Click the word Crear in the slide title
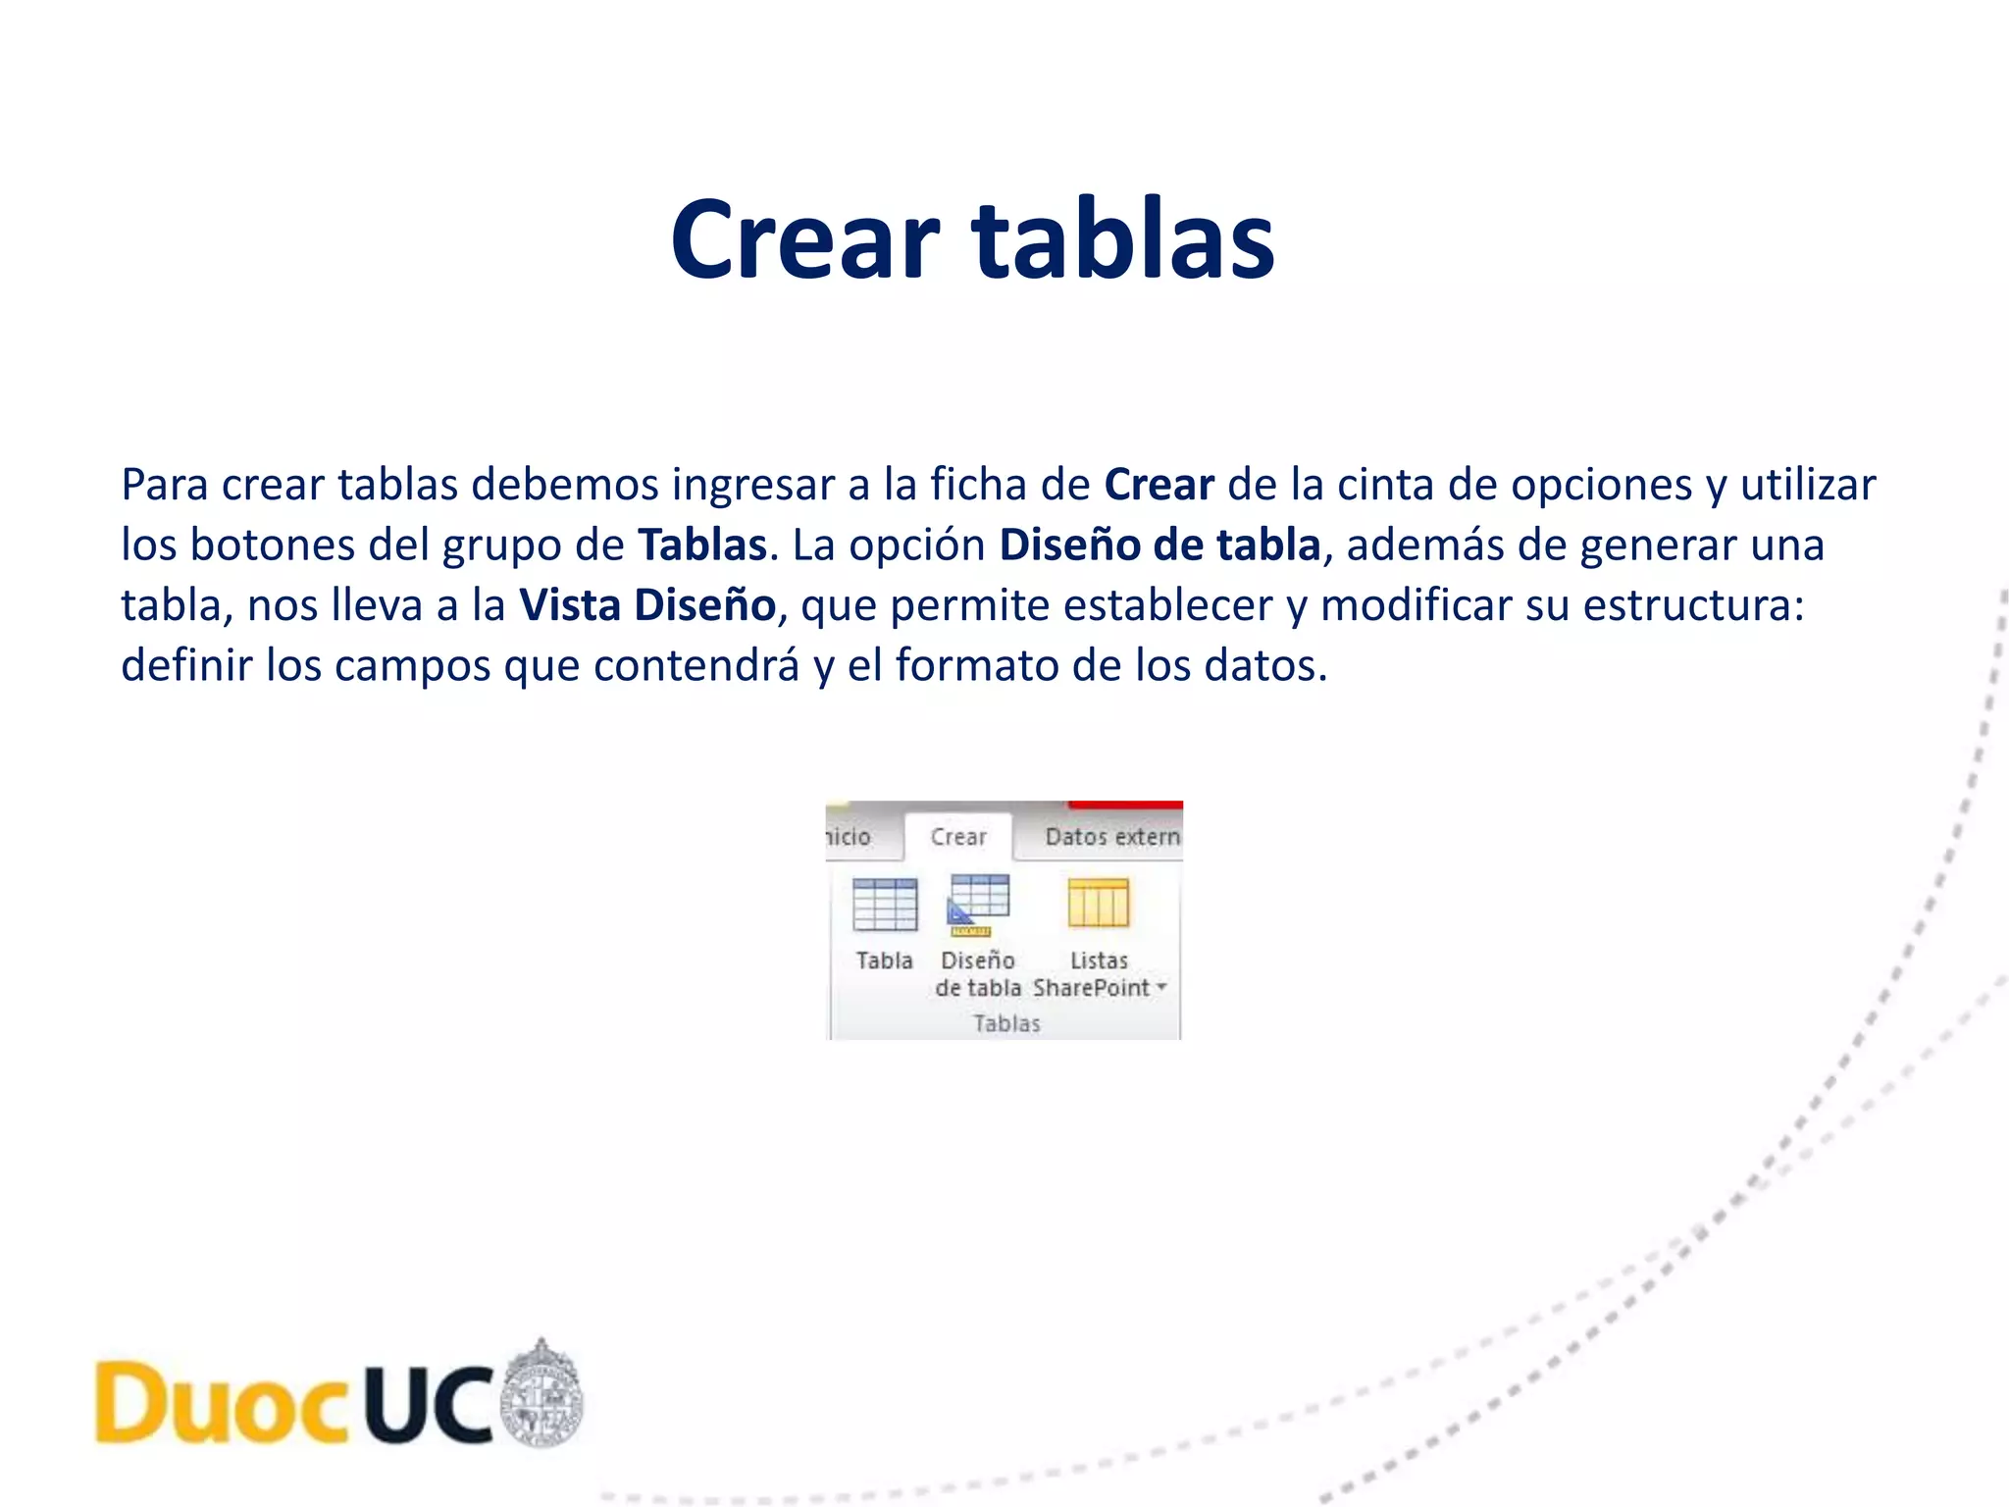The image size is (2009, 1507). coord(804,240)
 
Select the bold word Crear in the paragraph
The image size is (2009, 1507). coord(1159,485)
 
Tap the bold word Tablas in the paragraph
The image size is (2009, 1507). coord(702,546)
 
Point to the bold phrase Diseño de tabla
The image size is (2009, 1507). coord(1159,546)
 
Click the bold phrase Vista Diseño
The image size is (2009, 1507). coord(647,605)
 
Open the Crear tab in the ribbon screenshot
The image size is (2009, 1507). coord(958,837)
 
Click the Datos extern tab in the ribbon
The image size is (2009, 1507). coord(1111,837)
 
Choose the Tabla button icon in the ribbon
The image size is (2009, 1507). coord(885,904)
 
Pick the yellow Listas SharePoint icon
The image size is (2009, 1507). coord(1099,903)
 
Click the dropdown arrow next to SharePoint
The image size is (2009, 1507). coord(1161,987)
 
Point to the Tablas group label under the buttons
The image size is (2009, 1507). coord(1006,1023)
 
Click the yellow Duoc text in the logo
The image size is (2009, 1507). coord(222,1403)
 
